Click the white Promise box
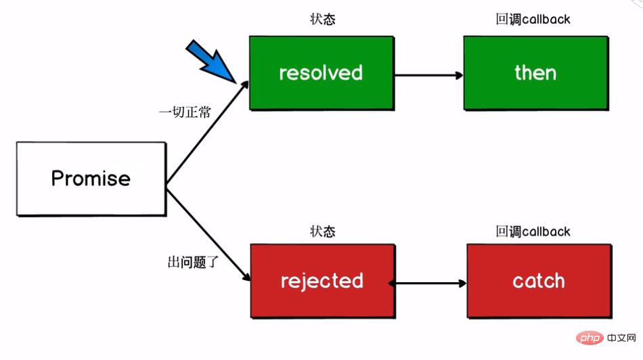point(91,179)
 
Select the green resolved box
point(321,73)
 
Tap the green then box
point(535,73)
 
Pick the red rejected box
point(322,281)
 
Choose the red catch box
point(539,281)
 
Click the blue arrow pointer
point(212,61)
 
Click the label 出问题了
point(193,261)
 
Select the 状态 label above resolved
point(322,19)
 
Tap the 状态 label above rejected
point(322,231)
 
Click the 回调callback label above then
point(533,19)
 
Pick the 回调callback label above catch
point(533,231)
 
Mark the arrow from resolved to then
point(428,74)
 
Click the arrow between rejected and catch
point(429,282)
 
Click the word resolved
point(321,73)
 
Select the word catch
point(539,281)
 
